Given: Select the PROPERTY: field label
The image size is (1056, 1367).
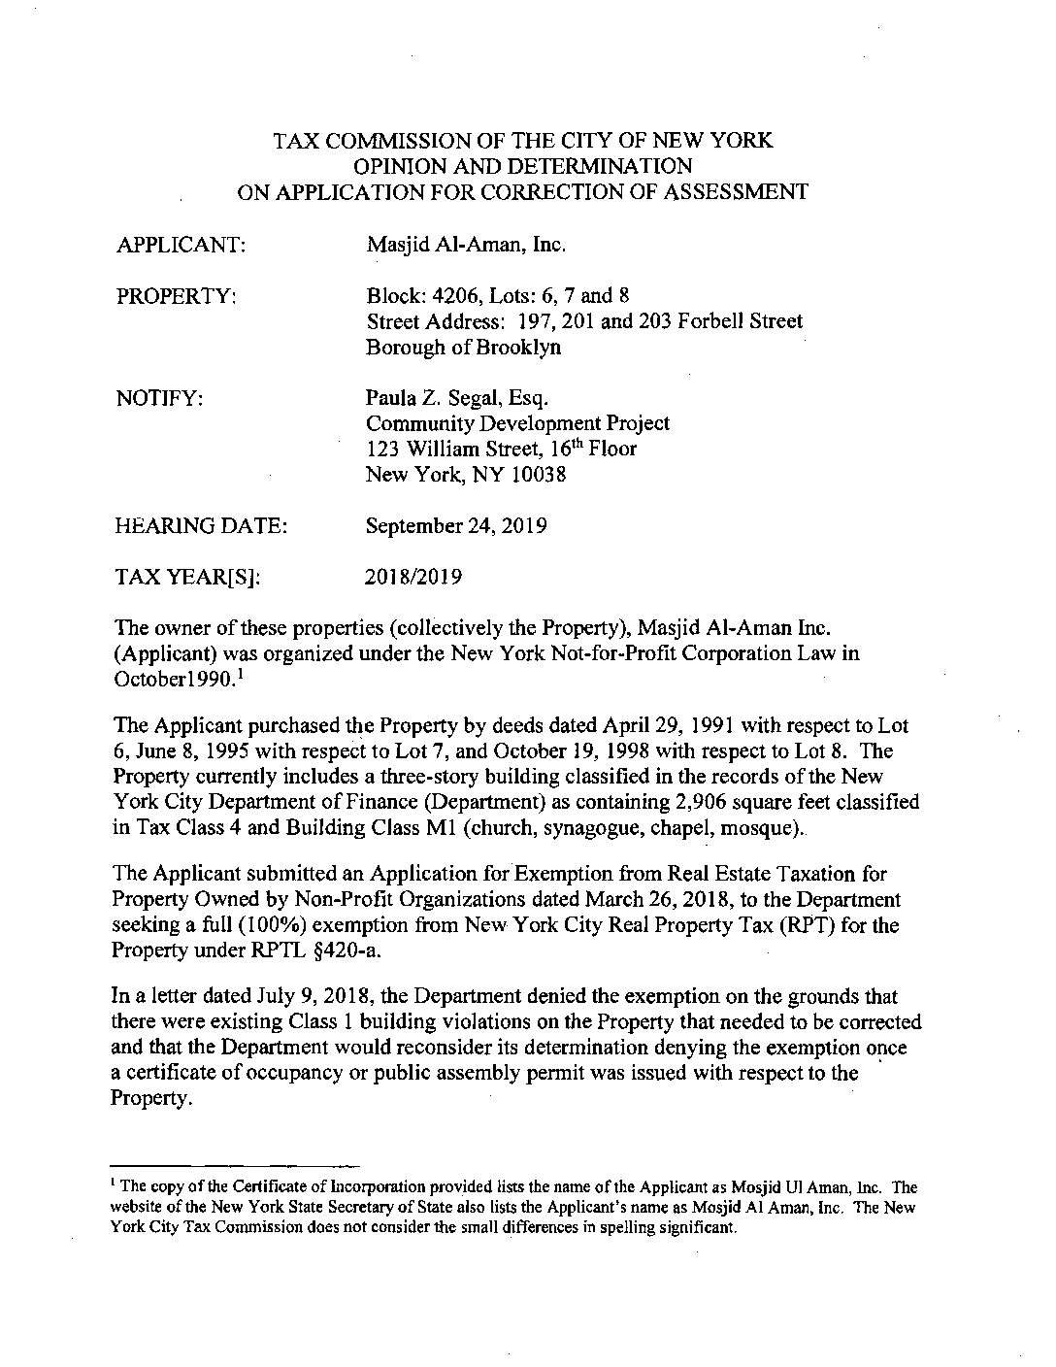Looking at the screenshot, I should [177, 296].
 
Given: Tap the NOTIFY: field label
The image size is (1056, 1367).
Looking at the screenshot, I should [159, 398].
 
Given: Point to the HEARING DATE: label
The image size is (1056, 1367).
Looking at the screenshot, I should [201, 526].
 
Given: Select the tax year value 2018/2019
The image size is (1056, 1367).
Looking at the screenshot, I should [413, 578].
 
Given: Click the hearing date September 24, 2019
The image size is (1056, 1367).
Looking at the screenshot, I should [456, 526].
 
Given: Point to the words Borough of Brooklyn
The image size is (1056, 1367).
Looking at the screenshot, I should [463, 348].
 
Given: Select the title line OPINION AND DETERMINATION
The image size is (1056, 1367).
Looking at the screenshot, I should [522, 166].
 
